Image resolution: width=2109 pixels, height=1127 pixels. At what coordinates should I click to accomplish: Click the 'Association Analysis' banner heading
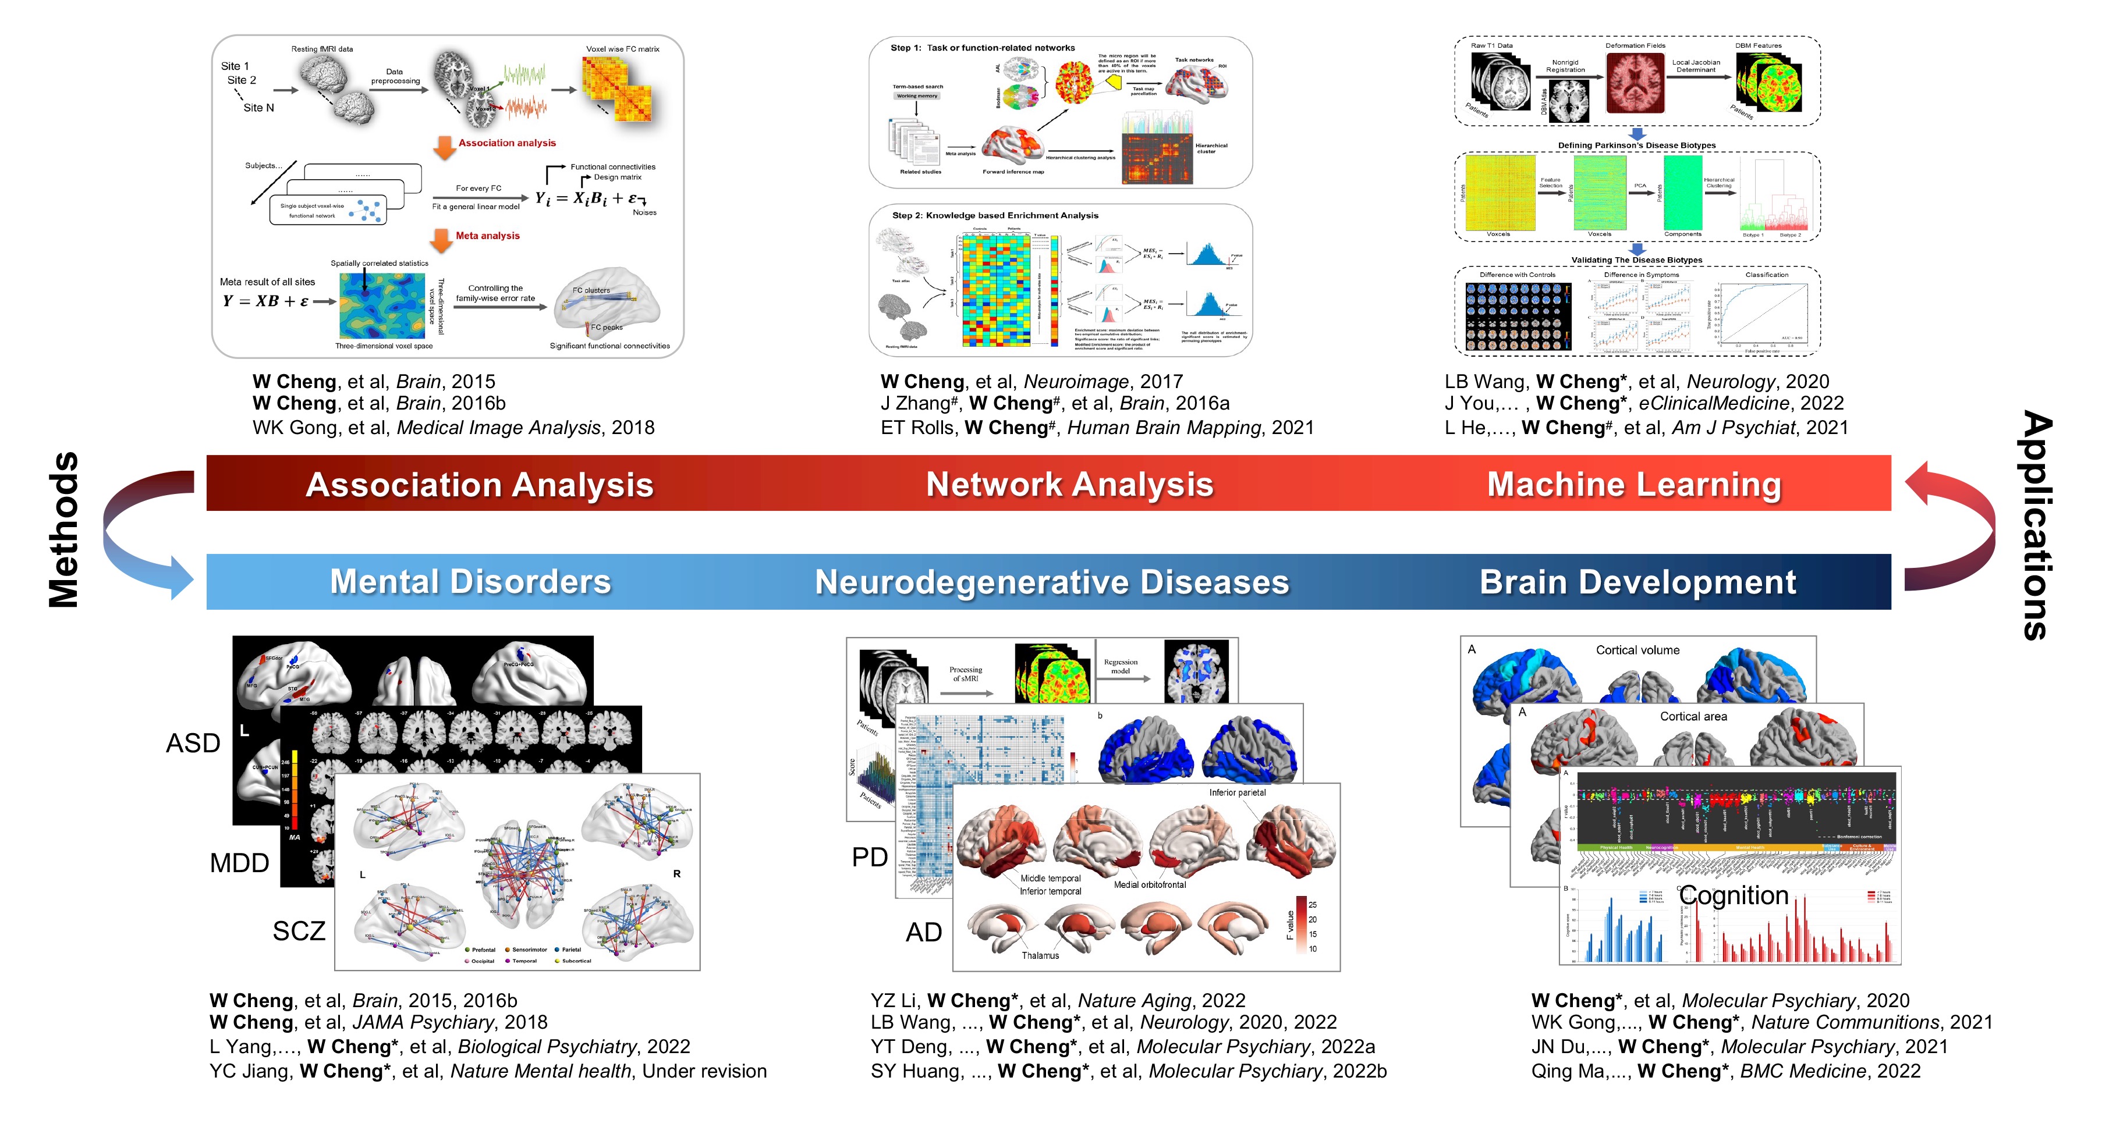tap(479, 485)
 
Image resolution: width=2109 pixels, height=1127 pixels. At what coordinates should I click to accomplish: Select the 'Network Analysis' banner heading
tap(1069, 485)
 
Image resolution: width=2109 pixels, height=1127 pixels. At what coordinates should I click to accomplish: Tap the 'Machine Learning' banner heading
tap(1634, 485)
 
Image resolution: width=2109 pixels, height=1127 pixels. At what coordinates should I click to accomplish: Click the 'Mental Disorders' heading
tap(471, 582)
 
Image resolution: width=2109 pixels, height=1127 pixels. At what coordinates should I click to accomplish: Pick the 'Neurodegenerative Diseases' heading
tap(1052, 582)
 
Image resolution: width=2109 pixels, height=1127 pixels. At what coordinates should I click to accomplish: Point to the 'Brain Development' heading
tap(1637, 582)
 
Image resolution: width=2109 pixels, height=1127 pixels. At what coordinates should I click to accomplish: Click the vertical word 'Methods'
tap(64, 531)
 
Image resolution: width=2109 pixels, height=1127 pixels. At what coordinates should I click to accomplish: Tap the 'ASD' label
tap(193, 743)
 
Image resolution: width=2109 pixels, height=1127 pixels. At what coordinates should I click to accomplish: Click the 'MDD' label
tap(239, 863)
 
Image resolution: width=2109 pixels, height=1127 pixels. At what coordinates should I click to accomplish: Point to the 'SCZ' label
tap(299, 930)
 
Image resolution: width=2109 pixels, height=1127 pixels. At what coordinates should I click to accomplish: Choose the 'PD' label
tap(870, 857)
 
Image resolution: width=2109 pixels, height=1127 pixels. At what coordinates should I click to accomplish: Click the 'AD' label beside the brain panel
tap(923, 932)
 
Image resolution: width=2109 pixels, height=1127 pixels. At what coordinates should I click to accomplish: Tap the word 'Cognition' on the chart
tap(1734, 895)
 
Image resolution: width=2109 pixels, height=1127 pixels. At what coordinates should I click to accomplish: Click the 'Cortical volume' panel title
tap(1637, 650)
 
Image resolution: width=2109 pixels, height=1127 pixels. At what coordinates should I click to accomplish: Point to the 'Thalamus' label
tap(1040, 955)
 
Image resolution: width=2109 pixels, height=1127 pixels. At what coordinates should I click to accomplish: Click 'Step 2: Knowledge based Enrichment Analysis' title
tap(995, 215)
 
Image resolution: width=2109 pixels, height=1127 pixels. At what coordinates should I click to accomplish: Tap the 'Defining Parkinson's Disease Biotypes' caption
tap(1636, 145)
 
